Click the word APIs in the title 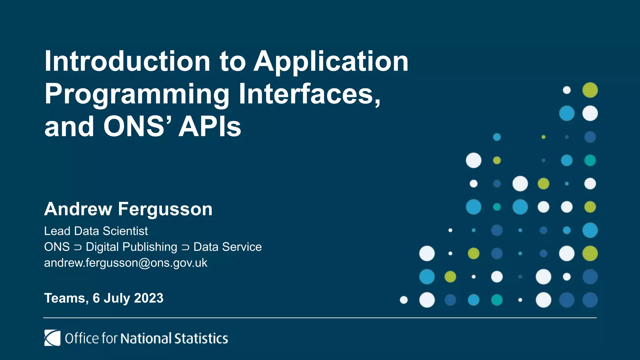210,127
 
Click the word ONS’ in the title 137,127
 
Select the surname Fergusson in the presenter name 165,209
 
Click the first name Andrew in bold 78,209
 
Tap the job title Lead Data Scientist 96,231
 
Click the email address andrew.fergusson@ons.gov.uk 126,263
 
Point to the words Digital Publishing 131,247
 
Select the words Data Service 227,247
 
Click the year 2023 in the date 148,298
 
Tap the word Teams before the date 65,298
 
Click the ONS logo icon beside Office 52,338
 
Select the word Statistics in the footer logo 201,338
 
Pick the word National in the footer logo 146,338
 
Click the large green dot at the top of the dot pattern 590,90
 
